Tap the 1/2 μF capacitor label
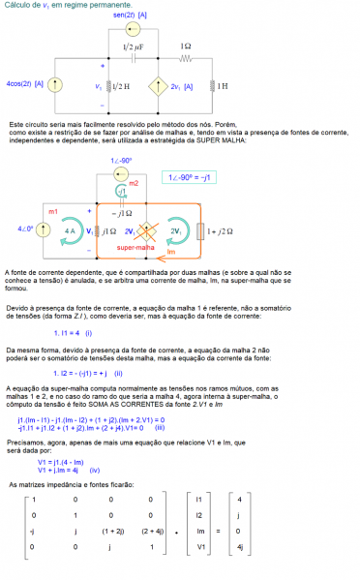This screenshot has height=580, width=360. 135,46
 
